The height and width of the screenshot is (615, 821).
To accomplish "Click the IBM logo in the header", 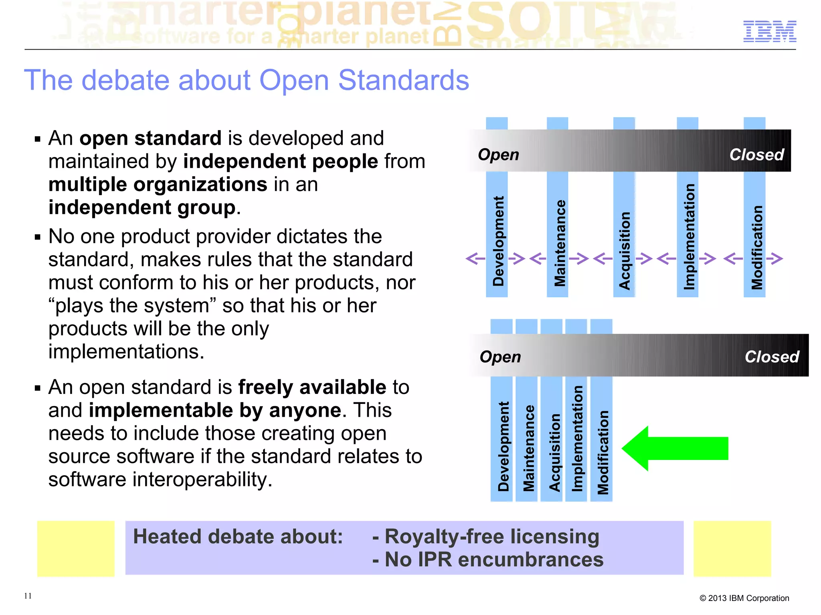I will [x=769, y=31].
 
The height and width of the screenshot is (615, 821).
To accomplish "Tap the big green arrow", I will [x=675, y=448].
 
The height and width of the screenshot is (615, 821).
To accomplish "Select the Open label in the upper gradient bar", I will [x=498, y=155].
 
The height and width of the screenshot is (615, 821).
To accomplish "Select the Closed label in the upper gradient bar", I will [x=756, y=155].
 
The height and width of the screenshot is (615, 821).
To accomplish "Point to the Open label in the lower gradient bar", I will [x=500, y=357].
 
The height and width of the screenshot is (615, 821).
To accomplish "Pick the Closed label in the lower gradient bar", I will [x=772, y=357].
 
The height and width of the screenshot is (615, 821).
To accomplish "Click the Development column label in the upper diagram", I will [x=497, y=241].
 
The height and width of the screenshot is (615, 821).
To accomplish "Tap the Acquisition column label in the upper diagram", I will [x=625, y=250].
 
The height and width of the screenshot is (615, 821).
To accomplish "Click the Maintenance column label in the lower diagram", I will [x=528, y=448].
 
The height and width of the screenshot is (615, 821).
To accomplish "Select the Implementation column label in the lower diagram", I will [x=576, y=438].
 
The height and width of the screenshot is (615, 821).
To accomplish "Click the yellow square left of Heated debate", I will [x=76, y=548].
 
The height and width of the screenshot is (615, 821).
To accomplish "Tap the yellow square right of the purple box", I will [x=732, y=548].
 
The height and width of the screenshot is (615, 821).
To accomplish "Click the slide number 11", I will [x=28, y=596].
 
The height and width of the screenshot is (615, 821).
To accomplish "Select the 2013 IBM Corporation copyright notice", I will [x=744, y=598].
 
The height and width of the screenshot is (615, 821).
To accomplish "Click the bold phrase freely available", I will [x=312, y=387].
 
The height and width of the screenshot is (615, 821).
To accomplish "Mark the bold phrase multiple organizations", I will [x=158, y=185].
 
